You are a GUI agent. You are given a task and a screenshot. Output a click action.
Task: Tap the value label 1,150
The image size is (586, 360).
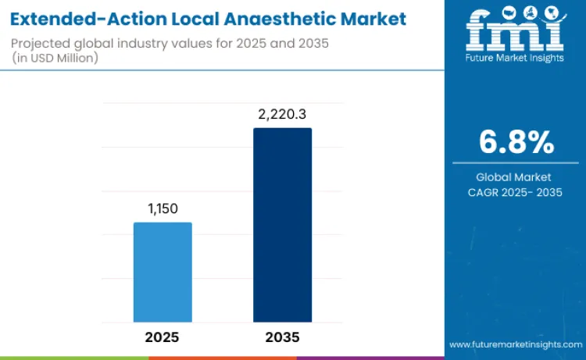coord(163,209)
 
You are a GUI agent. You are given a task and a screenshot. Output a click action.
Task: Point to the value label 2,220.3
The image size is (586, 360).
coord(282,115)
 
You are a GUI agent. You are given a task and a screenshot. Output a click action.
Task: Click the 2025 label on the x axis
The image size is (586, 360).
coord(163,337)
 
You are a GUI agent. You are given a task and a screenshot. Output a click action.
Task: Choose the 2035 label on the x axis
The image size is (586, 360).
coord(282,337)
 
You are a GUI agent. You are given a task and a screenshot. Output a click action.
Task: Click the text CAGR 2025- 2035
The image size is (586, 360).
coord(516,193)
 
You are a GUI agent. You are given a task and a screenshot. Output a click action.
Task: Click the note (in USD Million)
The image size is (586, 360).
coord(57,59)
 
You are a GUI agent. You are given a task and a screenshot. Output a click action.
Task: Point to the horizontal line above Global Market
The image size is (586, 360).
coord(516,163)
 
